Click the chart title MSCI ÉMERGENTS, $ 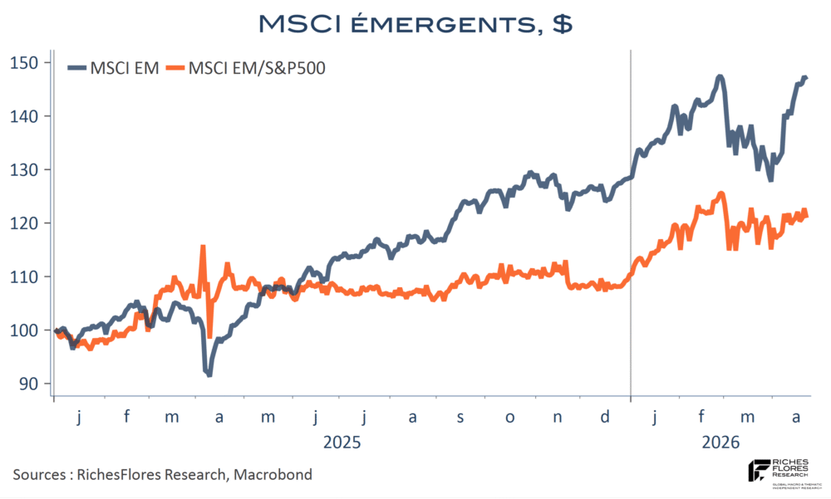pos(415,23)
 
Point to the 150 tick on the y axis pos(25,62)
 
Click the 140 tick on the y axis pos(25,116)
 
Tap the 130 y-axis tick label pos(25,169)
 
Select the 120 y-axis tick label pos(25,223)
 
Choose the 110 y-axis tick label pos(25,276)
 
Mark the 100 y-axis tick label pos(25,330)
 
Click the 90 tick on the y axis pos(28,384)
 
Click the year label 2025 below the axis pos(342,441)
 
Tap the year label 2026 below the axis pos(720,441)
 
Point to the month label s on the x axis pos(460,417)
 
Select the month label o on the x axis pos(509,417)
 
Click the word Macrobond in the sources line pos(274,475)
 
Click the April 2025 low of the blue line pos(209,375)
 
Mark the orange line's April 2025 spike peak pos(202,247)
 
